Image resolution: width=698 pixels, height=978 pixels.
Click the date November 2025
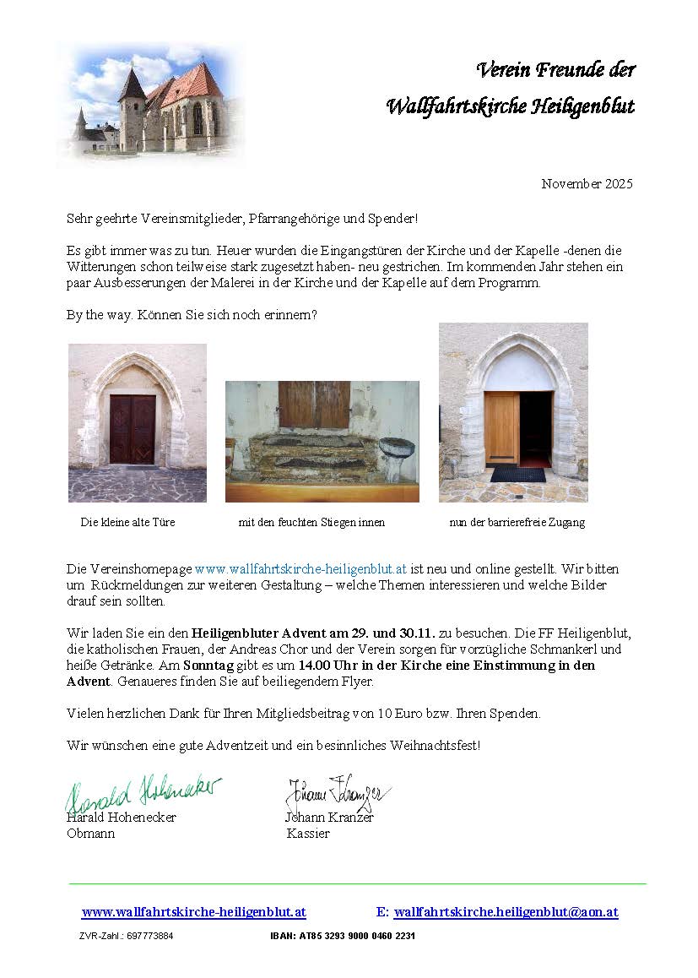click(587, 184)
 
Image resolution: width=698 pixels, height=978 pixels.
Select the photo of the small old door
click(137, 422)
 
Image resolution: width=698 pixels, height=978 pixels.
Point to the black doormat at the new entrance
click(517, 474)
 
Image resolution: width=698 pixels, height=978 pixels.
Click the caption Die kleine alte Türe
click(127, 523)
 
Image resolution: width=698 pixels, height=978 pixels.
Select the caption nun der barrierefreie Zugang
click(517, 523)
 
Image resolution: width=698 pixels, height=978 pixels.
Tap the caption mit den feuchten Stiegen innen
click(311, 523)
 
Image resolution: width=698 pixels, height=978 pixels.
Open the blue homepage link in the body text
click(301, 570)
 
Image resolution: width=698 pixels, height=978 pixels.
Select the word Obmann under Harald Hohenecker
click(90, 834)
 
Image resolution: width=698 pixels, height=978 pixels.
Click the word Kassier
click(308, 834)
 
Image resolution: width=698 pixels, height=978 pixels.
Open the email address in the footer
click(506, 913)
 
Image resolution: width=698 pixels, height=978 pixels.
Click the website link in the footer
click(193, 913)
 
